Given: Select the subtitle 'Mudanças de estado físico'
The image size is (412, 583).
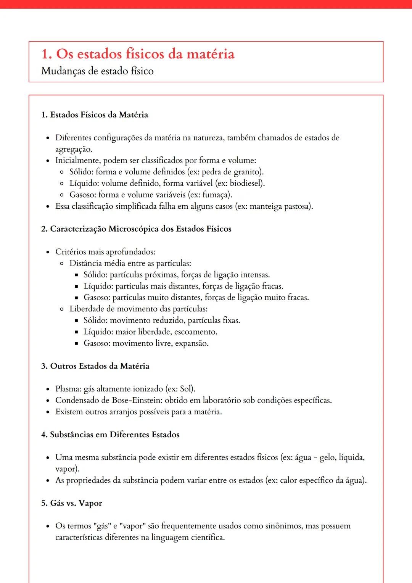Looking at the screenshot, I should point(97,71).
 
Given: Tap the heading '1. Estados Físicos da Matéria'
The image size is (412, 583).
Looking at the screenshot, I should point(95,115).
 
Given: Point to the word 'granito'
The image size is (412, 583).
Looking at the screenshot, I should point(247,172).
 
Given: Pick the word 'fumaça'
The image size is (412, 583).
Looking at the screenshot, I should point(216,195).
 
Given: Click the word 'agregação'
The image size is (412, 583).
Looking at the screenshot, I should point(73,149).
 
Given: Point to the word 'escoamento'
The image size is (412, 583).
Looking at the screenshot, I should point(195,332).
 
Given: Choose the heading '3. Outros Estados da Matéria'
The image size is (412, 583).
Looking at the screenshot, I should point(95,366).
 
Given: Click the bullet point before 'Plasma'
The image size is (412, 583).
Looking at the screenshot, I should point(48,390).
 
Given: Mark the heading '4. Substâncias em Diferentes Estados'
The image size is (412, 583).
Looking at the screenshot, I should point(110,435).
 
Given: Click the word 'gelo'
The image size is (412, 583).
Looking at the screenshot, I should point(327,457).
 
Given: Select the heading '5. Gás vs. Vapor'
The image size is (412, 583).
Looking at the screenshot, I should point(72,503).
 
